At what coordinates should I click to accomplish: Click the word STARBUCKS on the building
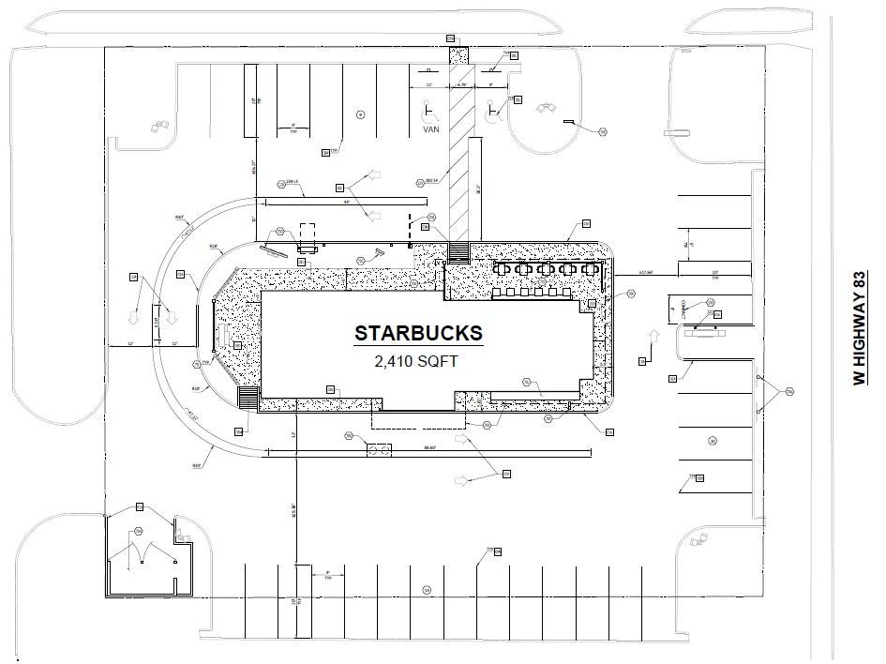point(418,333)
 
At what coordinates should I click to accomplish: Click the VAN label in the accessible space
point(430,129)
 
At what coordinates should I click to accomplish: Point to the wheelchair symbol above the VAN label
point(430,112)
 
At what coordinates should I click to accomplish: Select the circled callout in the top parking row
point(361,113)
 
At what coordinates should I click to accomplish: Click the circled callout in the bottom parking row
point(426,590)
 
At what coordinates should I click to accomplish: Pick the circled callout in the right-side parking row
point(713,440)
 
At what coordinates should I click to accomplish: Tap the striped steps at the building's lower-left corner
point(248,399)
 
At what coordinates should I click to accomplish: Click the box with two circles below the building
point(380,450)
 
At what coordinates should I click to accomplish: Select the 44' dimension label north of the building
point(346,202)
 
